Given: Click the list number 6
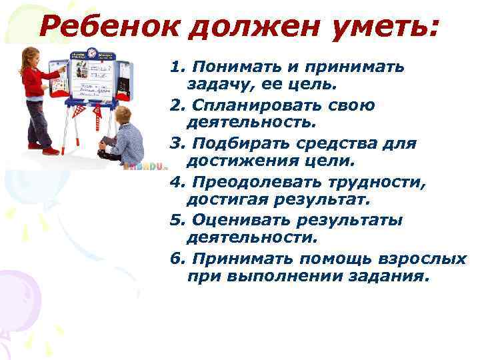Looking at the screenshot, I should [x=175, y=259].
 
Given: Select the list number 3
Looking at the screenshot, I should [x=175, y=143].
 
